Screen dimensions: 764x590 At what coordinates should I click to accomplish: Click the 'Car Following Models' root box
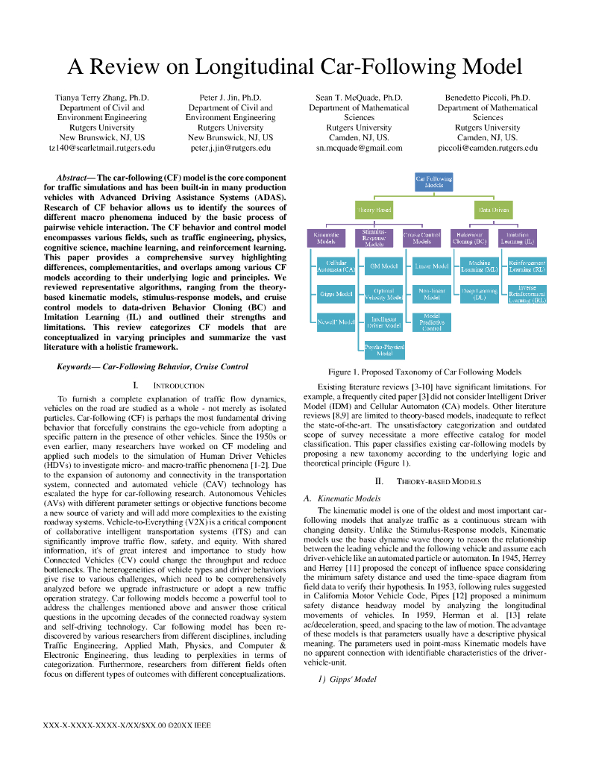433,182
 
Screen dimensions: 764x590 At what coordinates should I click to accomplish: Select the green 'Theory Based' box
374,210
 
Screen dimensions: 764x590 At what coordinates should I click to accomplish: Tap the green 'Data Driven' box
494,210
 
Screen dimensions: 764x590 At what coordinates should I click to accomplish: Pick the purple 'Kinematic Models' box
326,238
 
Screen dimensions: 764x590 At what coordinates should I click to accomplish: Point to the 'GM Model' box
384,266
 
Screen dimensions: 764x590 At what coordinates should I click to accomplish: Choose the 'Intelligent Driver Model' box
384,322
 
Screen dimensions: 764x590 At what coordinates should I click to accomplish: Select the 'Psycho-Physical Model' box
384,350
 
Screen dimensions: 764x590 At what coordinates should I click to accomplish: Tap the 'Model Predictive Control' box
432,322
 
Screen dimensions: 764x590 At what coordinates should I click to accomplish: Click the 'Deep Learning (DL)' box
480,294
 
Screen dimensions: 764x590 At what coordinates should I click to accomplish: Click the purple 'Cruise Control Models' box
422,238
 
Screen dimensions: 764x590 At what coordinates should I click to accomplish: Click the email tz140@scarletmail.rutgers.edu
102,148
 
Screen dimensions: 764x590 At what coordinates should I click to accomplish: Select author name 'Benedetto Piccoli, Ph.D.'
487,98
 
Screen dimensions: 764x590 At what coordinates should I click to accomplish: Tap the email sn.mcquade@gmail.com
359,148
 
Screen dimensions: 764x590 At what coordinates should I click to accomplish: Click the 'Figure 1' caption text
424,372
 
